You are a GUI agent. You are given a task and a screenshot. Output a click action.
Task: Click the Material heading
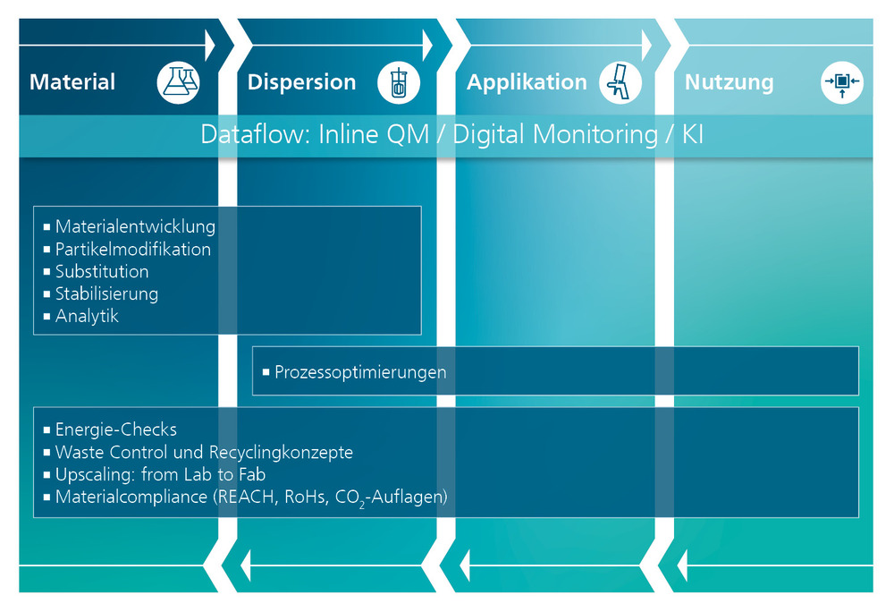[72, 81]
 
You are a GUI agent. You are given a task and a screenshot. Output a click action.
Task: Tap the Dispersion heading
[301, 82]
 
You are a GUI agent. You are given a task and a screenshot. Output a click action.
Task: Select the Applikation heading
[527, 82]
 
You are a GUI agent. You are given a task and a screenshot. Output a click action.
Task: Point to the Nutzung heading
[730, 82]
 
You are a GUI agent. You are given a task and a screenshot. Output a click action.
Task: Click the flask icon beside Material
[179, 82]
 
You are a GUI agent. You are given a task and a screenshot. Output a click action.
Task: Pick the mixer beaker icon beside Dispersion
[399, 82]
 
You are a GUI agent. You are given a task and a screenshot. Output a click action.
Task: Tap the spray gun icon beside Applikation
[620, 82]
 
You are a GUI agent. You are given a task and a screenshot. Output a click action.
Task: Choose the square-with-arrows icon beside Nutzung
[842, 82]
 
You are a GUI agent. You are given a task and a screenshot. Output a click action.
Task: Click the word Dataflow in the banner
[256, 134]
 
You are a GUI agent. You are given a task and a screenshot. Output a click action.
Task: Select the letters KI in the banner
[693, 134]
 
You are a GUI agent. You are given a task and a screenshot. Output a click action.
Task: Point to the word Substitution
[102, 271]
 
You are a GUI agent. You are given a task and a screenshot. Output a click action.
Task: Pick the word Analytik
[87, 316]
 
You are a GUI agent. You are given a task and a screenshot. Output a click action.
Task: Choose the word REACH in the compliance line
[248, 497]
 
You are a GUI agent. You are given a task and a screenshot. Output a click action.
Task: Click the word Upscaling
[96, 474]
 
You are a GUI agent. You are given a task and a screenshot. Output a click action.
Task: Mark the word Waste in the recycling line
[80, 453]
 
